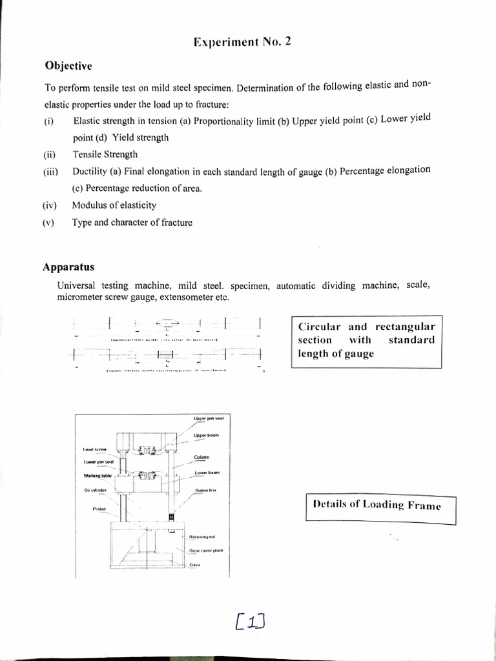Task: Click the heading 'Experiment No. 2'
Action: point(243,43)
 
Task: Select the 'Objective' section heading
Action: point(68,66)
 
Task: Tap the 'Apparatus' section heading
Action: point(69,266)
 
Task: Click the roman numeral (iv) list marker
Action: point(50,206)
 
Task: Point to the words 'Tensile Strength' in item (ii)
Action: point(105,155)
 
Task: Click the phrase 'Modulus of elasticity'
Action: point(114,206)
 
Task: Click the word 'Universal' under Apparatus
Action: point(76,285)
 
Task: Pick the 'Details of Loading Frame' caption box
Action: point(380,505)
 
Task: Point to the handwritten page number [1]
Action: point(251,621)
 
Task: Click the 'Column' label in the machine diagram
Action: point(200,458)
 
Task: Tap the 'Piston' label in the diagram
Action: point(99,509)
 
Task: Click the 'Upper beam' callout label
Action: point(206,436)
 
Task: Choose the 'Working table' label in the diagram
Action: point(98,476)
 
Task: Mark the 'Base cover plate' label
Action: point(206,551)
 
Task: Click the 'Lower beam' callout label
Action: point(207,473)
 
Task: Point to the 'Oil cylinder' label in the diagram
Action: point(95,490)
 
